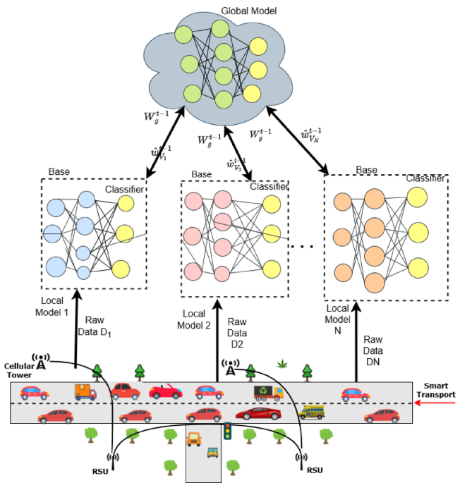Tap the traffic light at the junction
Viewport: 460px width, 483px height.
227,430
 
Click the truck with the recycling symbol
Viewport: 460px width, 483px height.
268,393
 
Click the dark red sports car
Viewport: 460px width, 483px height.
258,414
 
